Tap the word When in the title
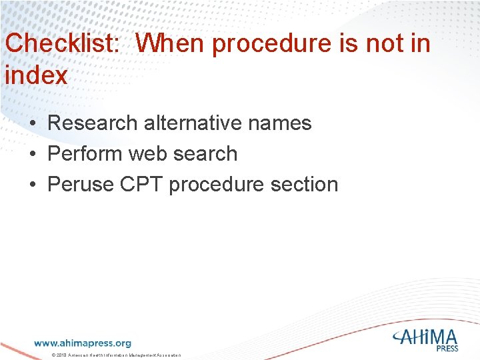(x=171, y=44)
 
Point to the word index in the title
(x=36, y=75)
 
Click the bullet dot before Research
(x=32, y=124)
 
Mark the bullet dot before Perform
(x=32, y=155)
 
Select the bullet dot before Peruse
(x=32, y=185)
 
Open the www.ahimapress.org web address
(x=83, y=343)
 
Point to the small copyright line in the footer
(x=116, y=356)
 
